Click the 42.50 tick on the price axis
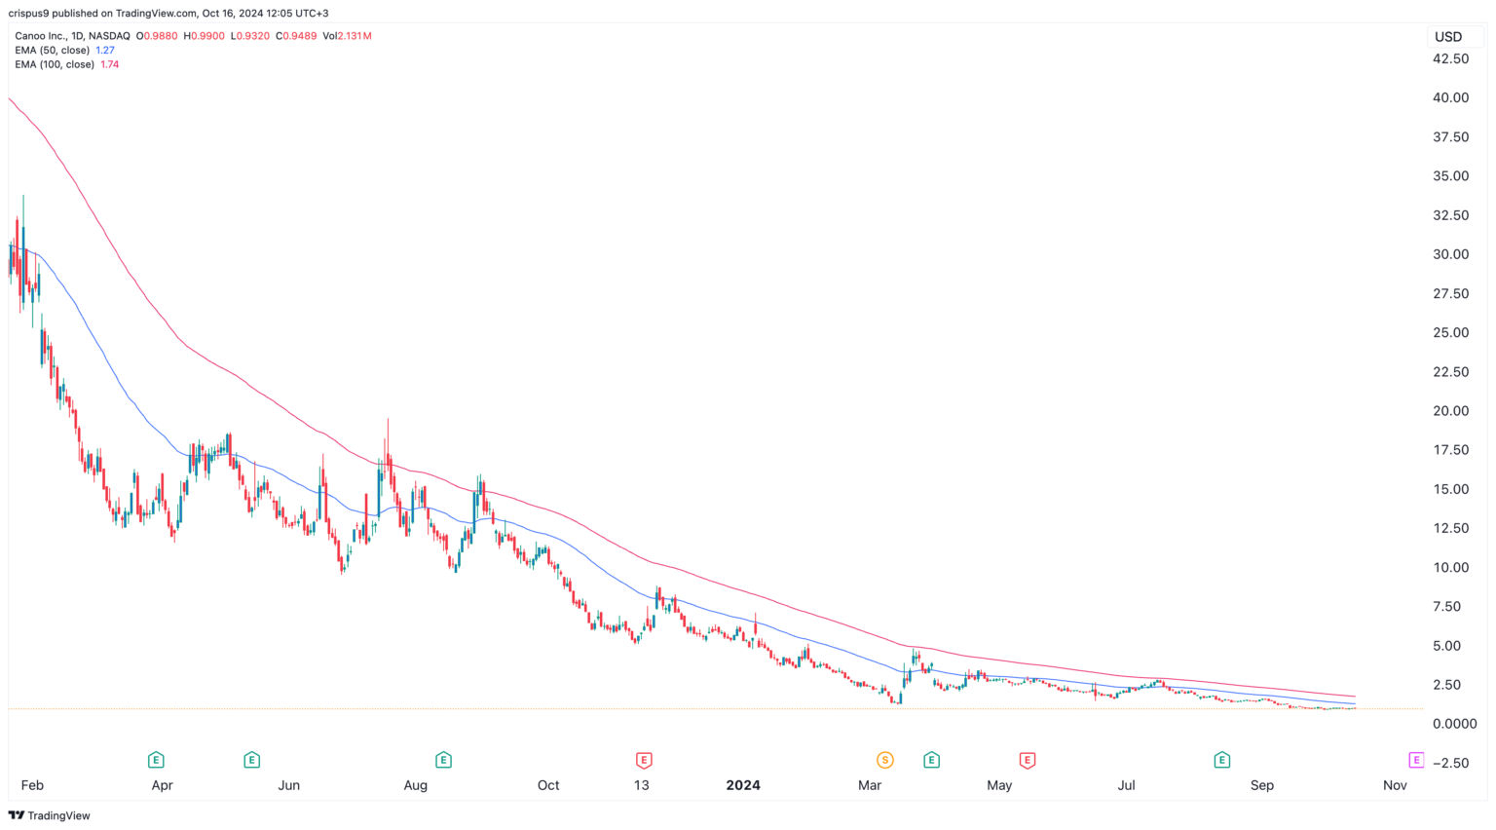pos(1450,58)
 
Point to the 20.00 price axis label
pos(1450,411)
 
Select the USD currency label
pos(1448,37)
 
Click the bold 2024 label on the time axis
pos(743,785)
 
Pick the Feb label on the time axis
pos(32,785)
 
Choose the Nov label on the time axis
pos(1395,785)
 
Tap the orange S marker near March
pos(884,760)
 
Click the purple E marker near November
pos(1416,760)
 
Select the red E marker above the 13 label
pos(643,760)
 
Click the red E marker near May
pos(1027,760)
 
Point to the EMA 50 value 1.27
pos(105,50)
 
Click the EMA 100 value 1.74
pos(110,64)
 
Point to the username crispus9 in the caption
pos(32,14)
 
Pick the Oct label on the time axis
pos(548,785)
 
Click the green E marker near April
pos(155,760)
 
